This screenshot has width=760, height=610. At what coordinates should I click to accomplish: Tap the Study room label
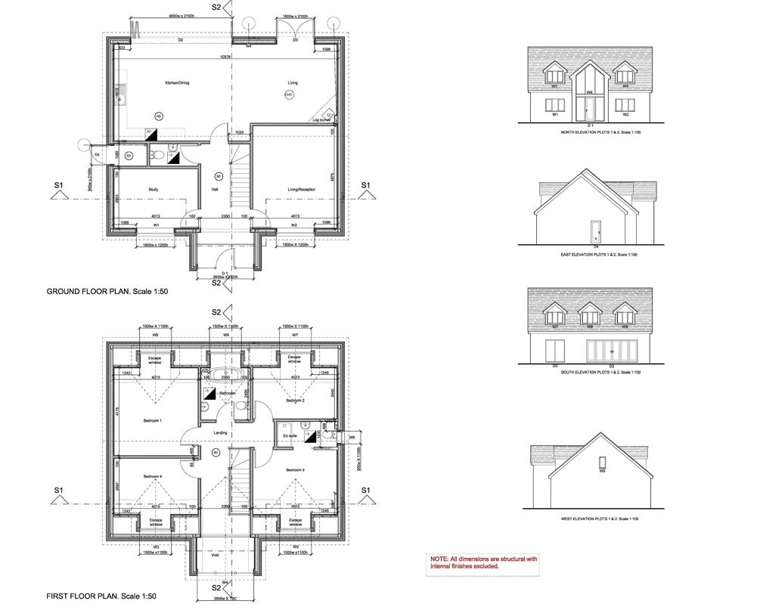[x=152, y=190]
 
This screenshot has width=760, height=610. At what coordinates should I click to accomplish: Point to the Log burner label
[x=321, y=120]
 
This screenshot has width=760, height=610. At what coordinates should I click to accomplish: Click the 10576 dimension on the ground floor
[x=225, y=57]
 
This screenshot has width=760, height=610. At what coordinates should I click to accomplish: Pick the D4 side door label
[x=98, y=155]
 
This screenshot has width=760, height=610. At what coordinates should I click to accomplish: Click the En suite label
[x=290, y=436]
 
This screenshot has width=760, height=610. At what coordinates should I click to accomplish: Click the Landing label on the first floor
[x=220, y=432]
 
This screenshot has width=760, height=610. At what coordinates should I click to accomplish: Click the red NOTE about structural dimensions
[x=483, y=562]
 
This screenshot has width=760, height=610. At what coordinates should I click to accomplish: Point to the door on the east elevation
[x=596, y=231]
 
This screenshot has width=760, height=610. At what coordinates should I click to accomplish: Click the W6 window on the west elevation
[x=602, y=462]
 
